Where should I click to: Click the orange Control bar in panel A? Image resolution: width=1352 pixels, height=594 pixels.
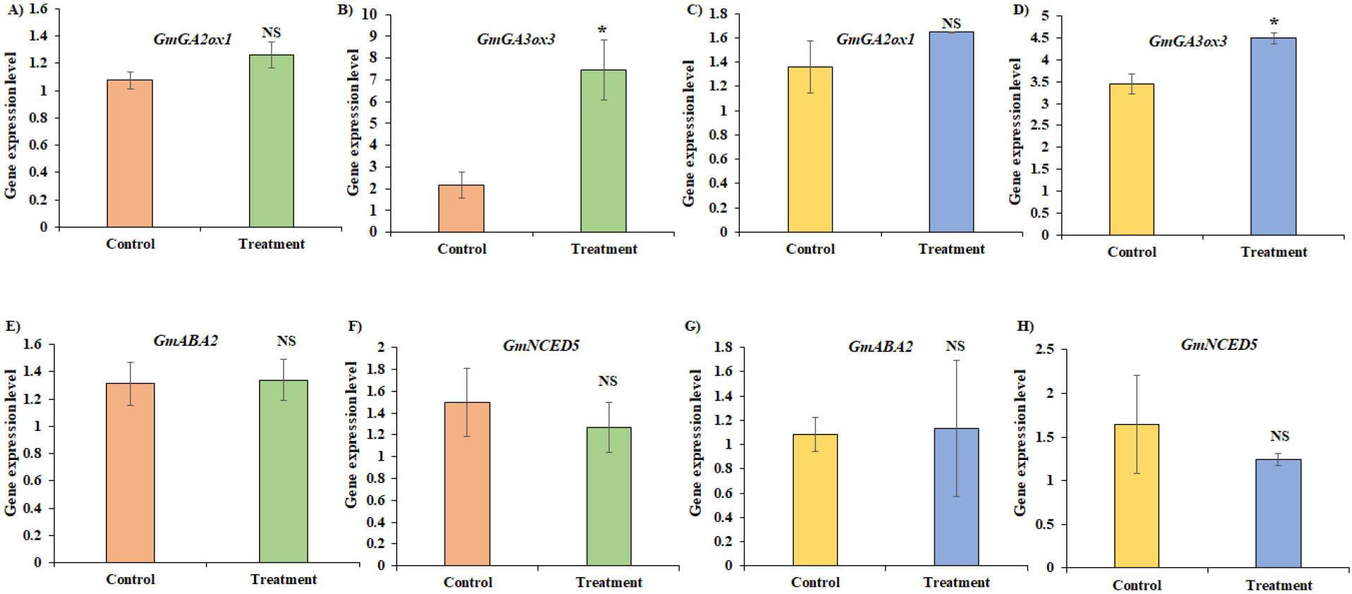pyautogui.click(x=130, y=153)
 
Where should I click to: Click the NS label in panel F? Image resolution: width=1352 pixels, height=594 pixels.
pyautogui.click(x=608, y=381)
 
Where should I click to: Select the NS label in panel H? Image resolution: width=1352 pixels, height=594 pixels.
pyautogui.click(x=1279, y=436)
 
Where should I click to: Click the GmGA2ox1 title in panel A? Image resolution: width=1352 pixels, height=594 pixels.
pyautogui.click(x=193, y=40)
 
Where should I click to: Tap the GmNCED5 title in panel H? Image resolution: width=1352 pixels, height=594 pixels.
pyautogui.click(x=1219, y=344)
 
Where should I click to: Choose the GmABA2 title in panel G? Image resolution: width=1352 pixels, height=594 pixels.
pyautogui.click(x=880, y=346)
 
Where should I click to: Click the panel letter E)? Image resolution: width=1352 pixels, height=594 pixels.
pyautogui.click(x=13, y=326)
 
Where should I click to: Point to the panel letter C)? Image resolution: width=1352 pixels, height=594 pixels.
pyautogui.click(x=694, y=10)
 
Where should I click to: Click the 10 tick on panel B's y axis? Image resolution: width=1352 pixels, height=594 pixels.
pyautogui.click(x=369, y=14)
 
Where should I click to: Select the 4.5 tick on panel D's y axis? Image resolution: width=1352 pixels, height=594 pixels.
pyautogui.click(x=1039, y=38)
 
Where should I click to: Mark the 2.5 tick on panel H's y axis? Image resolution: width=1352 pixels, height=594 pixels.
pyautogui.click(x=1044, y=349)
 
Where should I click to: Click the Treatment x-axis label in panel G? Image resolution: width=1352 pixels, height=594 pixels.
pyautogui.click(x=956, y=582)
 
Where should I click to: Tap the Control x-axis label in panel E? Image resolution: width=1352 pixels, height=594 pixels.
pyautogui.click(x=131, y=579)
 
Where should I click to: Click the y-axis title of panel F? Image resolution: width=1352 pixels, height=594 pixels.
pyautogui.click(x=351, y=434)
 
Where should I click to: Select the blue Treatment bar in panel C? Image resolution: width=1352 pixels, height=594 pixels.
pyautogui.click(x=950, y=132)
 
